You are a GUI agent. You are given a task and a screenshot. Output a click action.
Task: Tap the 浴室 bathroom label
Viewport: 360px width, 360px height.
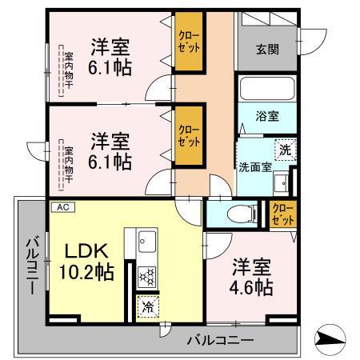click(268, 116)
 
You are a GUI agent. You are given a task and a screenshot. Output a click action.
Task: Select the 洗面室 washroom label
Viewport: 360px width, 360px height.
click(255, 168)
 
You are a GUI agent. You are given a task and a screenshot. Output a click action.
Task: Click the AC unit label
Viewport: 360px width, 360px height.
click(61, 207)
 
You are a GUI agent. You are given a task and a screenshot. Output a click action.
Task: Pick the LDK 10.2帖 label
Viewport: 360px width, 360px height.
click(85, 260)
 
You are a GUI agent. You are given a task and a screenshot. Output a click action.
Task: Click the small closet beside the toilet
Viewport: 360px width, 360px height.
click(281, 214)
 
